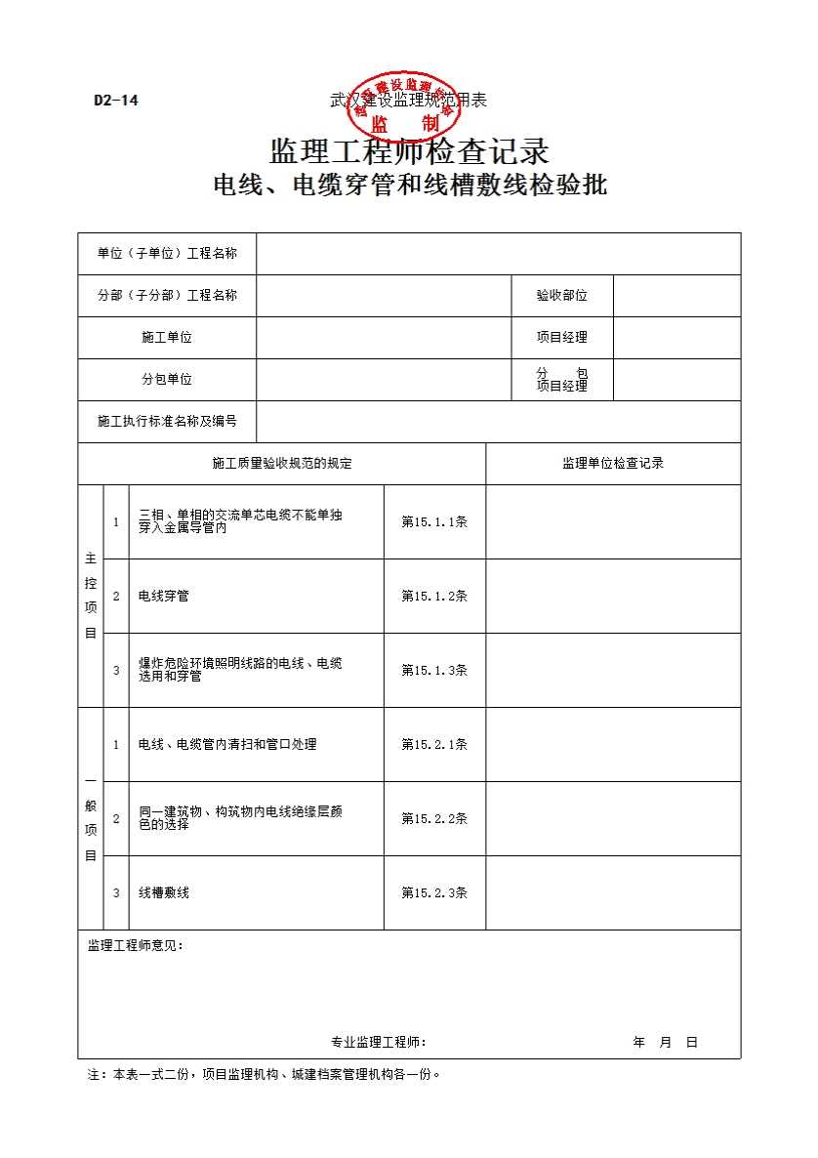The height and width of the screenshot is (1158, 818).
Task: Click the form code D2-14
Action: (115, 100)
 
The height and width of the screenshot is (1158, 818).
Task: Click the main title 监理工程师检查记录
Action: (409, 151)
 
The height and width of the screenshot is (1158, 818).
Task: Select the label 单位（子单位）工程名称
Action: (167, 254)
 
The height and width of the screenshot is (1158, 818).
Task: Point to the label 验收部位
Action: (561, 296)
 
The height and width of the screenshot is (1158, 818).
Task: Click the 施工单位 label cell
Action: (167, 338)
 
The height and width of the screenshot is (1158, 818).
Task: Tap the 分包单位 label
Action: (167, 380)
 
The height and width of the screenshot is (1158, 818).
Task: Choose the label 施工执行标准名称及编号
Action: (167, 422)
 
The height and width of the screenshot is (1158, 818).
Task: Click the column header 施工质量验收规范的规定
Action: (282, 464)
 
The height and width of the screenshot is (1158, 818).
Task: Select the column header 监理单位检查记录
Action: (613, 464)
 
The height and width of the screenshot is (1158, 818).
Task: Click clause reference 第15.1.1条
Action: (434, 522)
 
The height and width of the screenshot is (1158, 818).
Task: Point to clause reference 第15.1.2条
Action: (434, 597)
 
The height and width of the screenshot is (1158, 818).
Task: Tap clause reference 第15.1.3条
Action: (434, 671)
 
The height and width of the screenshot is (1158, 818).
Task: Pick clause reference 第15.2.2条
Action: (434, 819)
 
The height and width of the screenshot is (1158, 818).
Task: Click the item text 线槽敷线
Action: (164, 893)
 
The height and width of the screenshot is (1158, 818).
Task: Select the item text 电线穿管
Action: (164, 597)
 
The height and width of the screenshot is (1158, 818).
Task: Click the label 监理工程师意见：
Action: (136, 946)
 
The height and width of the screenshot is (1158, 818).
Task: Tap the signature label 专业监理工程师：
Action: (379, 1043)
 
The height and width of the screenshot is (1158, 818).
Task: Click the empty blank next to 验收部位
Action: (676, 296)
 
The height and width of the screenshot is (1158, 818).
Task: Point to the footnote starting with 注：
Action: (265, 1075)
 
